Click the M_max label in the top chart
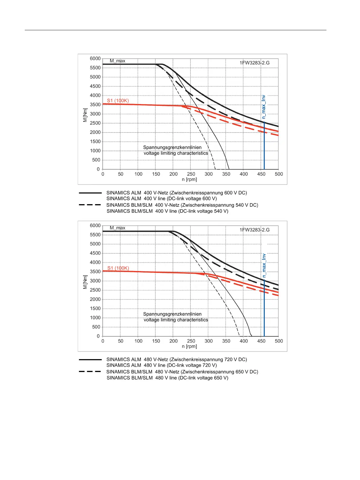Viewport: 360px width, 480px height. click(117, 61)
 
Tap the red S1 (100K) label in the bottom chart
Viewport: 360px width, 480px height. click(118, 268)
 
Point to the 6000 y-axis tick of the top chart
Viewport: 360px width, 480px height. click(95, 58)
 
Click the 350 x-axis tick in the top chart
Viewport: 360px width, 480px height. click(226, 174)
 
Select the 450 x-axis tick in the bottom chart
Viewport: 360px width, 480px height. click(261, 341)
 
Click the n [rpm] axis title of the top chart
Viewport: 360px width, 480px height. click(189, 179)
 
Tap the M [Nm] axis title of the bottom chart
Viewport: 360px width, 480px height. click(85, 282)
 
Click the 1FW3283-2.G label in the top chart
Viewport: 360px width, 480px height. click(255, 63)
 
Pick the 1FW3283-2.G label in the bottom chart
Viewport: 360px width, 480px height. click(255, 230)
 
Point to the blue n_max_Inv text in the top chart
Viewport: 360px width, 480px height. click(264, 107)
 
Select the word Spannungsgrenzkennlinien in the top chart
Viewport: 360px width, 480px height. click(172, 147)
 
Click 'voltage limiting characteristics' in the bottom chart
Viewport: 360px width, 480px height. click(176, 320)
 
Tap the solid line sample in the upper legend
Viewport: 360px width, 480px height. click(90, 193)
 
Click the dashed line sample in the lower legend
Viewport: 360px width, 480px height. click(90, 371)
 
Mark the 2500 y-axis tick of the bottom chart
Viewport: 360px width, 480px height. click(95, 290)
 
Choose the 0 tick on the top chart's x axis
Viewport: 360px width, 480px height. click(103, 174)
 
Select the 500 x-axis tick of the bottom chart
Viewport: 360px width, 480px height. click(279, 341)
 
